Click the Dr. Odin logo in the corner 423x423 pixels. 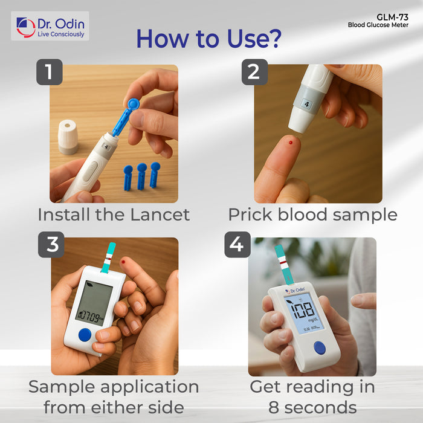tap(50, 26)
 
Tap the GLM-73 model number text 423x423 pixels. tap(392, 18)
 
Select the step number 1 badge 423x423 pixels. tap(50, 72)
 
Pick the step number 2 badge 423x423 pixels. tap(254, 72)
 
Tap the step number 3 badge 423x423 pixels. tap(51, 244)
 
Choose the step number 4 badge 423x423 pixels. tap(237, 244)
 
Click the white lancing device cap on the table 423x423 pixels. tap(68, 137)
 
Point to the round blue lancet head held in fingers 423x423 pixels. tap(134, 104)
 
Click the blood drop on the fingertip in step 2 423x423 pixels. tap(290, 143)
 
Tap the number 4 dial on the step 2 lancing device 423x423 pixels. tap(307, 104)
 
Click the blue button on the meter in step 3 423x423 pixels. tap(85, 335)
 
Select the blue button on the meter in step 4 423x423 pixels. tap(320, 348)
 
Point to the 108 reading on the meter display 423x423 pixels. tap(303, 309)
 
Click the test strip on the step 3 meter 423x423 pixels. tap(108, 257)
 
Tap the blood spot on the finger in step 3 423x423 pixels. tap(123, 262)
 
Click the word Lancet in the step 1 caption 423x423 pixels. tap(160, 215)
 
